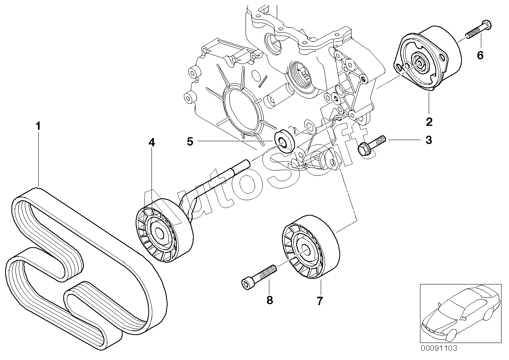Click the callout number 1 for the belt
(x=38, y=126)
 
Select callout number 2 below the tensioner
(x=429, y=122)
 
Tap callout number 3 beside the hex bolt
(x=429, y=140)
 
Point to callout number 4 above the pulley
(x=151, y=142)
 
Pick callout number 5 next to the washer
(x=190, y=142)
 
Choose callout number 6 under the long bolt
(x=480, y=55)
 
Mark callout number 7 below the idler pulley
(x=320, y=301)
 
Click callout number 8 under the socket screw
(x=269, y=300)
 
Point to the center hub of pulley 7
(x=306, y=251)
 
